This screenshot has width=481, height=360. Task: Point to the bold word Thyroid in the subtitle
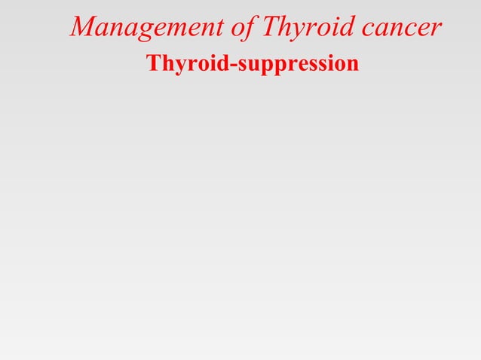point(188,65)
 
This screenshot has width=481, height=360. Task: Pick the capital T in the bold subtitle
point(154,64)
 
